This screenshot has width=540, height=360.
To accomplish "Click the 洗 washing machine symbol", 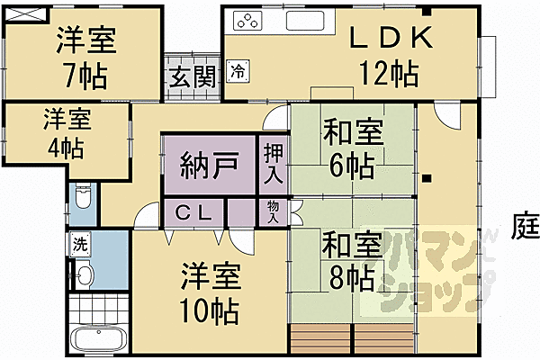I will pos(81,243).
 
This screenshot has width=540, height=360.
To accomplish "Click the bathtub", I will pos(99,341).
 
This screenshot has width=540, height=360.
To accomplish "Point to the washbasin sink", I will pos(85,275).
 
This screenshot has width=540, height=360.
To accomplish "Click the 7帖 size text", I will pos(85,74).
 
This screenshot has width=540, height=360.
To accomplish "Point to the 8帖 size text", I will pos(347,276).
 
